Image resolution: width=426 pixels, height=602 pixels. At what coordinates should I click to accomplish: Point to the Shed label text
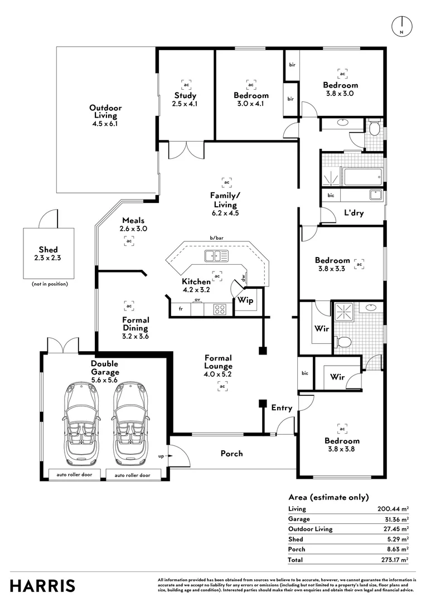click(48, 249)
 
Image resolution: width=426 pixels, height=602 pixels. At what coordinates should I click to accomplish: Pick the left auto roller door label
click(74, 475)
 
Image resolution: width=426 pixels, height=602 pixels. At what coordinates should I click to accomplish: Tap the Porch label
click(231, 453)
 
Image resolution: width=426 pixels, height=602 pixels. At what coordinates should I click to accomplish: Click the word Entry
click(282, 408)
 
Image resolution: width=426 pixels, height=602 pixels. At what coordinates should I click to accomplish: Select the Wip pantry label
click(245, 300)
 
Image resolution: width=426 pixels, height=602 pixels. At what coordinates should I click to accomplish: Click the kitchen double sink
click(216, 256)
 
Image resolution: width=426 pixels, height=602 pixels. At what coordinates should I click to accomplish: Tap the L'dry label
click(354, 212)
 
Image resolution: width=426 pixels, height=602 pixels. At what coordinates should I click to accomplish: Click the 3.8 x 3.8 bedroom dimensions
click(342, 449)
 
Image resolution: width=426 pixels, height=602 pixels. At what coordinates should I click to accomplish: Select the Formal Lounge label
click(217, 362)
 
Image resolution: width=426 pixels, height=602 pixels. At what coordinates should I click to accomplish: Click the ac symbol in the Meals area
click(129, 241)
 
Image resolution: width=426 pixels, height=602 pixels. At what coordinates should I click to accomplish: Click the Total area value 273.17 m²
click(393, 559)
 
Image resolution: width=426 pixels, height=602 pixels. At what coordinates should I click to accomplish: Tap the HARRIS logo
click(42, 586)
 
